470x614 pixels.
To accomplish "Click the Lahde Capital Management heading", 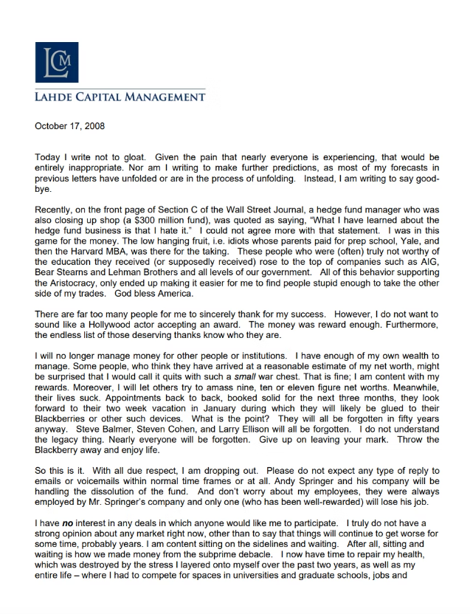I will click(120, 97).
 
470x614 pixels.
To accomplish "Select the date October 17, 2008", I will click(69, 126).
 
